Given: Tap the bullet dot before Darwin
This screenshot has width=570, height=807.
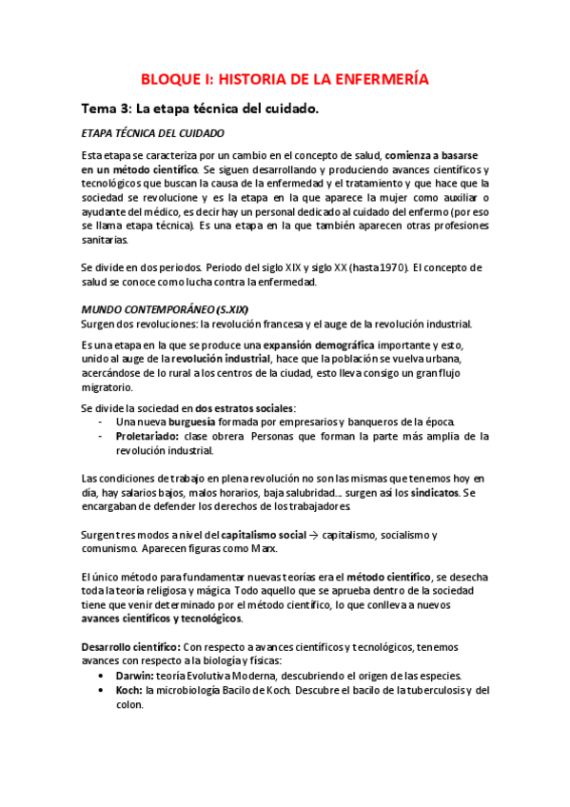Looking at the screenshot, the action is coord(102,676).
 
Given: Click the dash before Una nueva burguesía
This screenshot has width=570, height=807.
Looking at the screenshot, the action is coord(101,422).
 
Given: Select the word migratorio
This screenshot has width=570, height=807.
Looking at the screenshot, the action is coord(108,387).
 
